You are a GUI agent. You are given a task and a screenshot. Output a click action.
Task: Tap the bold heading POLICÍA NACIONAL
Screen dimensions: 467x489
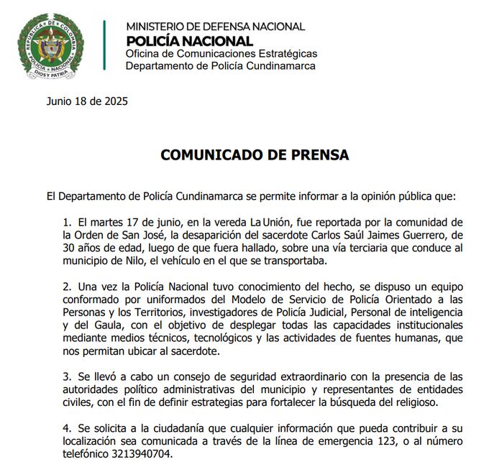(x=189, y=42)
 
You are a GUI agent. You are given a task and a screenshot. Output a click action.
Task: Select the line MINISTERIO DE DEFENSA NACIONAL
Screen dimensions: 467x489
(x=215, y=27)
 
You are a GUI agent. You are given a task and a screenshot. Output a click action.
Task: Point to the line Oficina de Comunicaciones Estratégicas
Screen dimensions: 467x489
(x=221, y=54)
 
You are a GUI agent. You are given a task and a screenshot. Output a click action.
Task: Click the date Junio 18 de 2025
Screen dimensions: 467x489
(x=87, y=101)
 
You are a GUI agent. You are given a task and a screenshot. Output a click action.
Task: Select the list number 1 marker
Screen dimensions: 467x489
(x=67, y=222)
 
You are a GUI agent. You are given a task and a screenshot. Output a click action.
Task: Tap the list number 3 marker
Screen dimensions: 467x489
(x=67, y=376)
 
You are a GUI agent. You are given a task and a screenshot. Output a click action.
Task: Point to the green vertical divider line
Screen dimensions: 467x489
(x=104, y=45)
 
